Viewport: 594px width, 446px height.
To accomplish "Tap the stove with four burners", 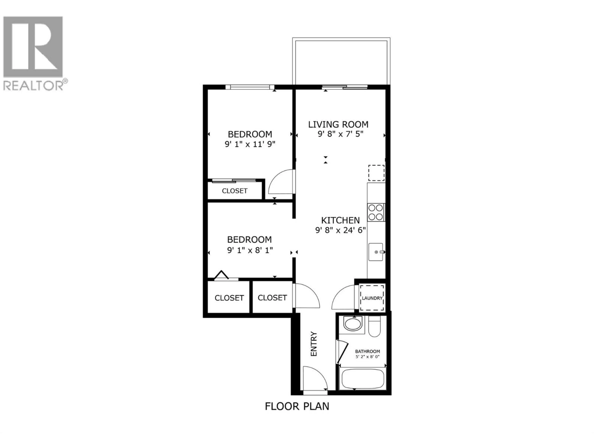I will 376,212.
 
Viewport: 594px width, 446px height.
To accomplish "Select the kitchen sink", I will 376,252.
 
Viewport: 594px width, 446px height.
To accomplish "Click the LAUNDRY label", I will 372,298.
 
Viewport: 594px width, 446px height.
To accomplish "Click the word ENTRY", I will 314,344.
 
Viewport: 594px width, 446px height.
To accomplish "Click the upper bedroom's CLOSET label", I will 235,191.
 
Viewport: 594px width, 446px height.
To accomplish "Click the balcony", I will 341,62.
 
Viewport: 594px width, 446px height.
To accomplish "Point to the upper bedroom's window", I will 250,87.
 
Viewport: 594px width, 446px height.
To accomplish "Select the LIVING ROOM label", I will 338,125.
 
